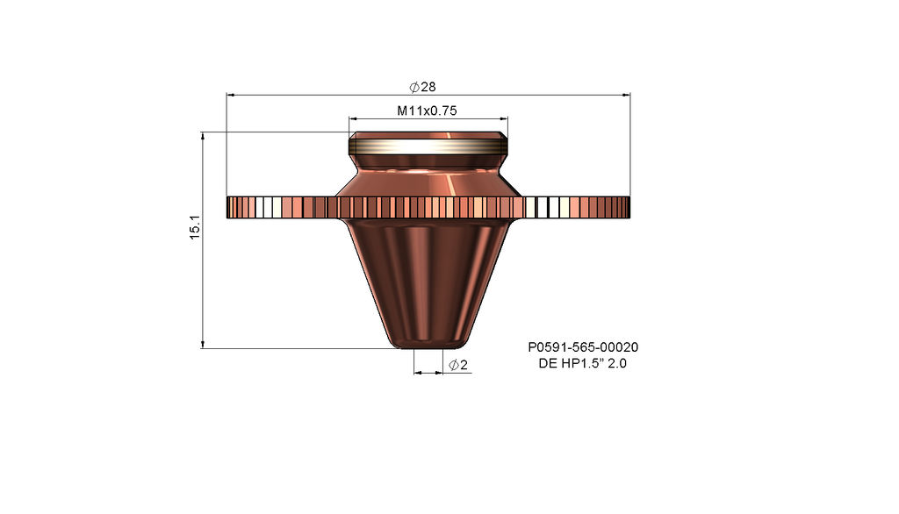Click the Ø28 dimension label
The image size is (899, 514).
click(x=423, y=86)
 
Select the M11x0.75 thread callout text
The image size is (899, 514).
click(x=428, y=111)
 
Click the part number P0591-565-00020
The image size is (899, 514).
click(x=582, y=347)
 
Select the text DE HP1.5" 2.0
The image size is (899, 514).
click(x=582, y=363)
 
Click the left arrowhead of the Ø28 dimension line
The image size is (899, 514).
click(x=231, y=94)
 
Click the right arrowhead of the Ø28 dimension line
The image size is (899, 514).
click(x=627, y=94)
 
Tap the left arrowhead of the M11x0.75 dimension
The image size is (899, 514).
click(x=353, y=118)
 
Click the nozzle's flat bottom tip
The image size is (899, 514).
click(x=428, y=346)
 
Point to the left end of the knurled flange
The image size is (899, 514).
click(x=231, y=208)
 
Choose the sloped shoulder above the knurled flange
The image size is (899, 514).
click(x=428, y=182)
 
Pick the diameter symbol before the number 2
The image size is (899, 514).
click(x=453, y=365)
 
